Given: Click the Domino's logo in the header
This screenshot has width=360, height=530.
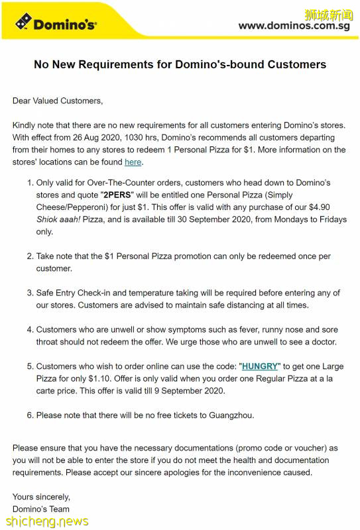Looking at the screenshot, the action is [56, 25].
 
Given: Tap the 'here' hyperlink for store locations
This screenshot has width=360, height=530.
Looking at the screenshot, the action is [133, 162].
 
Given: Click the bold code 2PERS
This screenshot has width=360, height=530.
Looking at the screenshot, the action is [117, 195].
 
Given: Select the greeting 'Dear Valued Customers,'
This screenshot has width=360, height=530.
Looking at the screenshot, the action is [58, 101].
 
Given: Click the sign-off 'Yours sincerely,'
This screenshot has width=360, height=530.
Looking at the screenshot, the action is [41, 496].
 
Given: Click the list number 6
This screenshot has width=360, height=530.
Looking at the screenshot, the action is [29, 415].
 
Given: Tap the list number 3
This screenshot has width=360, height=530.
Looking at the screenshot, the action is [29, 293].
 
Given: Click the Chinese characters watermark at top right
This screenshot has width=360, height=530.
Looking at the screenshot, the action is [328, 15].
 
